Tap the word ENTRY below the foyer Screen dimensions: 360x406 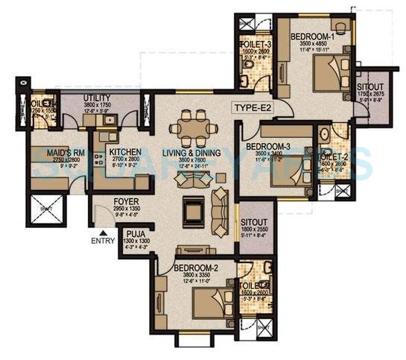point(103,241)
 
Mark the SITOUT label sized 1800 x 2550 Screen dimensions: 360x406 point(253,223)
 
